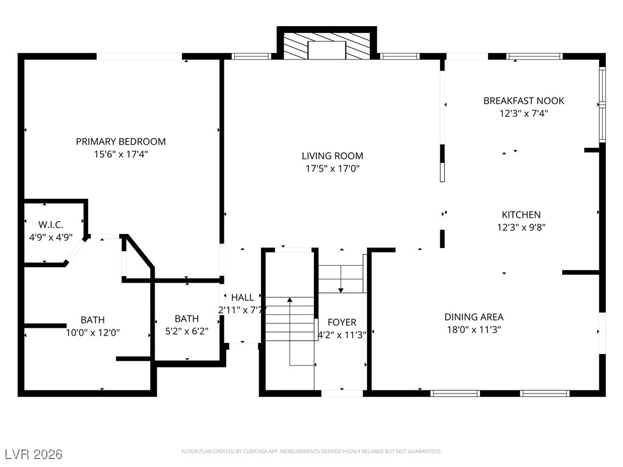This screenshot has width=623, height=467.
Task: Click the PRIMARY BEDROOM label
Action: click(x=120, y=142)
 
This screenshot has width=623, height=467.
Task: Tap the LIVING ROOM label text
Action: click(x=334, y=156)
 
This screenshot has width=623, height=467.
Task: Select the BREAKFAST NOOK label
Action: click(x=523, y=101)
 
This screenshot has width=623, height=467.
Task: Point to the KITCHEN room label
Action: click(x=521, y=215)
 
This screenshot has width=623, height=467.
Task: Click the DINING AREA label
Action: click(x=473, y=317)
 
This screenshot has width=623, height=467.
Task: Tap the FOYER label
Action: click(x=342, y=322)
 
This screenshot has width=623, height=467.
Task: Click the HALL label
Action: click(x=242, y=297)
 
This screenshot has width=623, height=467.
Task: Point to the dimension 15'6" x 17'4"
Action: click(x=120, y=154)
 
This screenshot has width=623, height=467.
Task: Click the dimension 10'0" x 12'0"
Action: click(x=92, y=333)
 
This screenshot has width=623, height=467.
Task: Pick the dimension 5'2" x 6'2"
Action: click(x=186, y=331)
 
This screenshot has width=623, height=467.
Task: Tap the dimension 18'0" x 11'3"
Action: click(x=473, y=330)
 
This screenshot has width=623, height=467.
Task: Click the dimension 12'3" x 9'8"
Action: click(x=521, y=227)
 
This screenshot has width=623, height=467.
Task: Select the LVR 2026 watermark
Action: click(x=33, y=454)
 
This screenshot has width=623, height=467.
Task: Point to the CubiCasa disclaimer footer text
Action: click(x=311, y=451)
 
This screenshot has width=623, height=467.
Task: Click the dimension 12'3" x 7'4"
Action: click(x=523, y=113)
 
